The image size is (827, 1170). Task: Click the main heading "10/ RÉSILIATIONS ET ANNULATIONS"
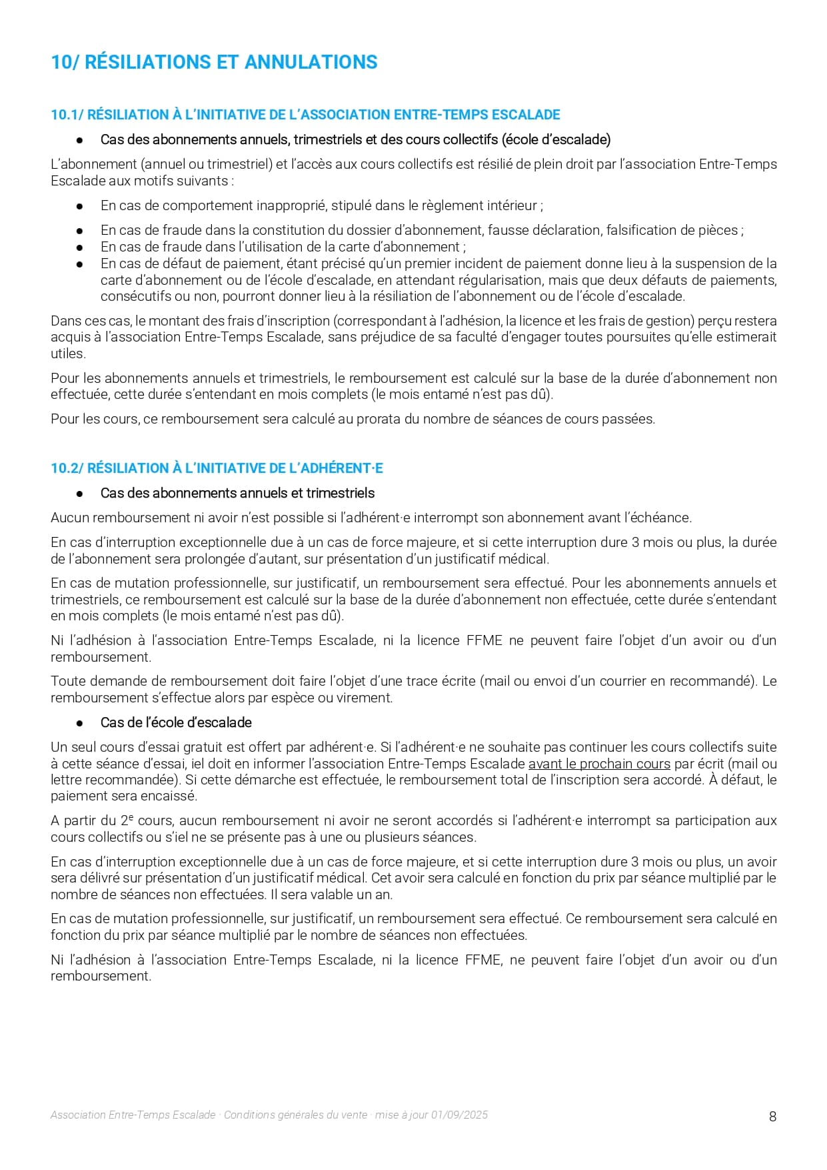point(214,62)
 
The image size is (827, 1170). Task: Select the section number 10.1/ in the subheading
point(67,115)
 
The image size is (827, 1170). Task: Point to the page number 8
point(772,1117)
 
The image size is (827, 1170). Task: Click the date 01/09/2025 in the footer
point(459,1115)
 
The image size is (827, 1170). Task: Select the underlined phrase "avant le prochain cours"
point(599,764)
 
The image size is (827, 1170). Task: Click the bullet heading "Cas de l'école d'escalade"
point(176,722)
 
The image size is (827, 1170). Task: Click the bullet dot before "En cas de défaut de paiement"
point(79,264)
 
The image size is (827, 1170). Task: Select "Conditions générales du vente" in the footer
point(296,1115)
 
